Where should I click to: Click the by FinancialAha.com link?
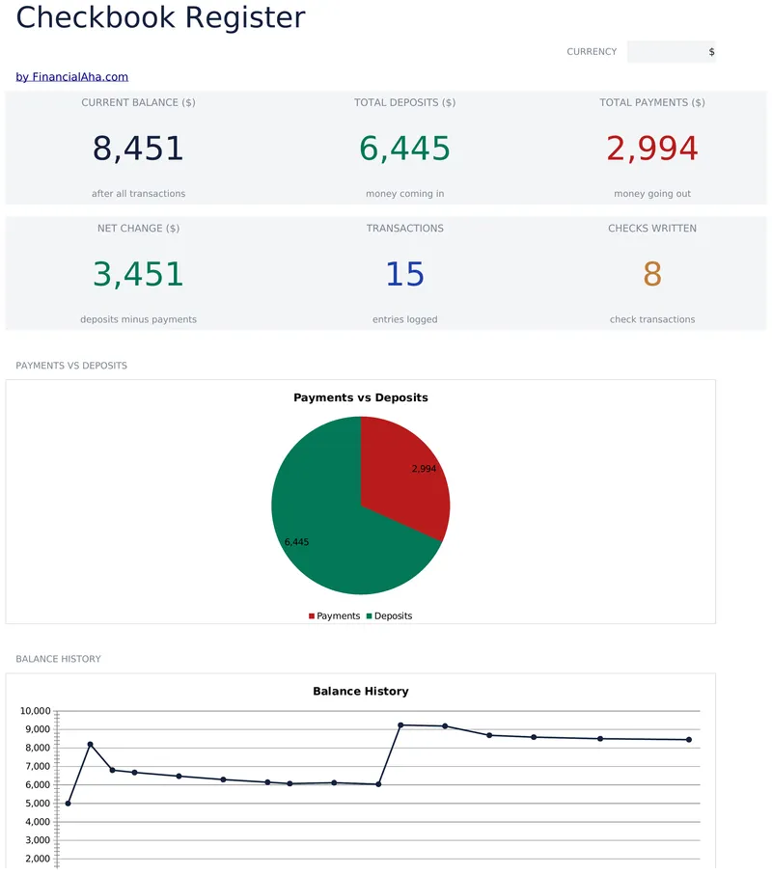(x=72, y=77)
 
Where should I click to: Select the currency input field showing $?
(x=671, y=52)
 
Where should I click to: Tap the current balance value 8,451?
(x=138, y=149)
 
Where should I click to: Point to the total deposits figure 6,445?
(x=404, y=149)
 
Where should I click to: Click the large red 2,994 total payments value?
(x=652, y=149)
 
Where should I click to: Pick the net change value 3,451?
(x=138, y=274)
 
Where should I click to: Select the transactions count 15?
(x=405, y=274)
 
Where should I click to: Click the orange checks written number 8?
(x=652, y=274)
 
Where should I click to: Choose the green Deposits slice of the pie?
(x=329, y=535)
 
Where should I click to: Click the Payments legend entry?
(x=335, y=615)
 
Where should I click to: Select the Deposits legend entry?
(x=389, y=615)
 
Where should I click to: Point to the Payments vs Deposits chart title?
(x=361, y=397)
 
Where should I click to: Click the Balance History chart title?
(x=361, y=691)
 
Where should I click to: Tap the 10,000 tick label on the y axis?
(x=35, y=711)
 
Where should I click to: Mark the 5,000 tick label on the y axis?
(x=38, y=804)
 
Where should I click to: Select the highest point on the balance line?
(x=400, y=725)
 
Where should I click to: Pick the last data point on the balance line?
(x=689, y=740)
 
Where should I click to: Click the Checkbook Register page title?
(x=160, y=17)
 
